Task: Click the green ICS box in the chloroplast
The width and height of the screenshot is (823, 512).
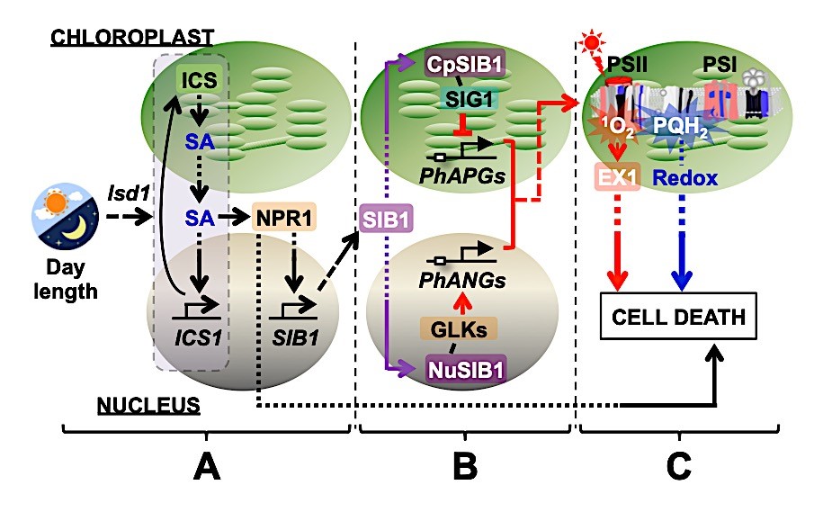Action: coord(198,79)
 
